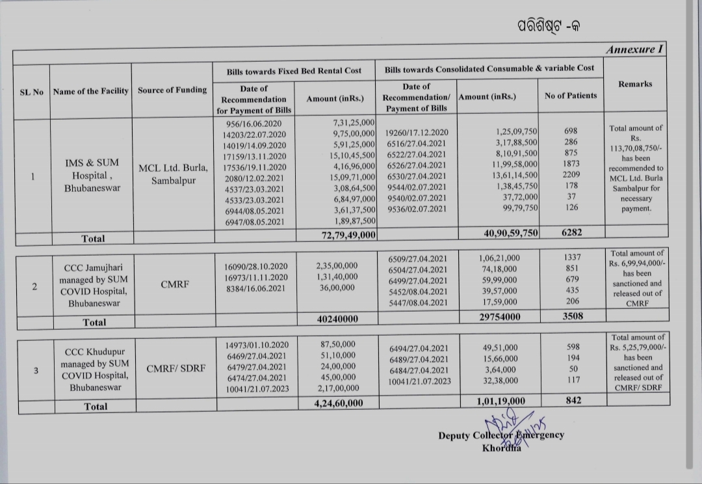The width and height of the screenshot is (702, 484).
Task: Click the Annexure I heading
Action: click(634, 49)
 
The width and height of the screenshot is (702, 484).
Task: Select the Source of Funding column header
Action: click(172, 90)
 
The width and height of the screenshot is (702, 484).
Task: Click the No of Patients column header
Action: click(570, 96)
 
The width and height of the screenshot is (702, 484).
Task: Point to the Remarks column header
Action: click(635, 84)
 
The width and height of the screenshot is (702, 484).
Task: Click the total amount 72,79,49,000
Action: click(348, 235)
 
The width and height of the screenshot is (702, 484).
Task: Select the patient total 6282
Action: click(571, 232)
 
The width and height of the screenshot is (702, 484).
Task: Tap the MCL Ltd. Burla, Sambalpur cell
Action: click(173, 175)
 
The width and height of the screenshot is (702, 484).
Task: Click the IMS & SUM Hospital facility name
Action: click(91, 175)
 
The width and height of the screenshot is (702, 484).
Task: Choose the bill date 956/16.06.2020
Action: click(253, 124)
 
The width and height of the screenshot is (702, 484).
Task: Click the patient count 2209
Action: click(571, 175)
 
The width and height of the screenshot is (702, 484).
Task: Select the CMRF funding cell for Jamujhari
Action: click(172, 284)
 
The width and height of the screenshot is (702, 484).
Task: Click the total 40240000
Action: click(337, 319)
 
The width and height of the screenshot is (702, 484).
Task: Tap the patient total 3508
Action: click(572, 316)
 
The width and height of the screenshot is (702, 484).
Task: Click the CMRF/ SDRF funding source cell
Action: click(175, 369)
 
